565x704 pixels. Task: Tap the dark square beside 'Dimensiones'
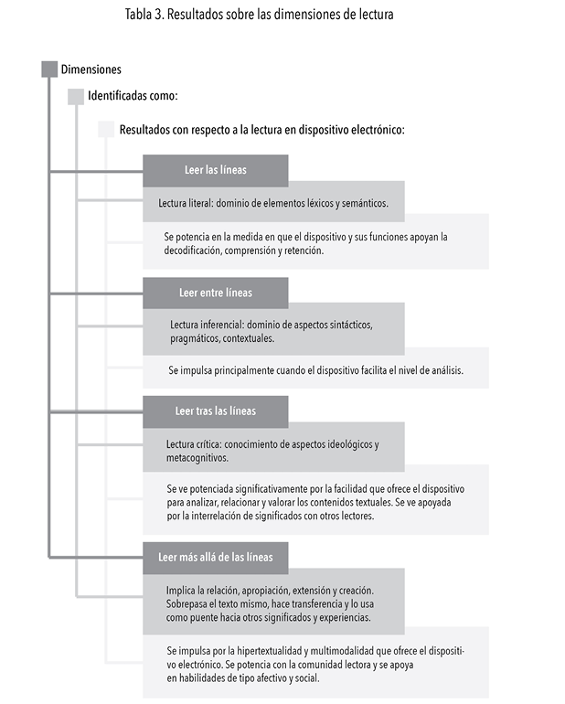pyautogui.click(x=49, y=69)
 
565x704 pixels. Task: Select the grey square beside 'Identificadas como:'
pyautogui.click(x=76, y=97)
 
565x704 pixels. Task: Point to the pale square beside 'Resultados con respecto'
pyautogui.click(x=106, y=129)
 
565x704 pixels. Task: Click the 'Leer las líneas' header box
pyautogui.click(x=215, y=170)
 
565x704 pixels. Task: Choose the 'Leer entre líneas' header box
pyautogui.click(x=215, y=293)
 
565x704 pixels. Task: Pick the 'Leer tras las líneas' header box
pyautogui.click(x=215, y=411)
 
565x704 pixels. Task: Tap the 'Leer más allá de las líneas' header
pyautogui.click(x=215, y=557)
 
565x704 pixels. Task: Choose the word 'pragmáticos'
pyautogui.click(x=196, y=338)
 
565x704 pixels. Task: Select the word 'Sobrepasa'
pyautogui.click(x=191, y=604)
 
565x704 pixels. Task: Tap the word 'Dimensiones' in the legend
pyautogui.click(x=91, y=69)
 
